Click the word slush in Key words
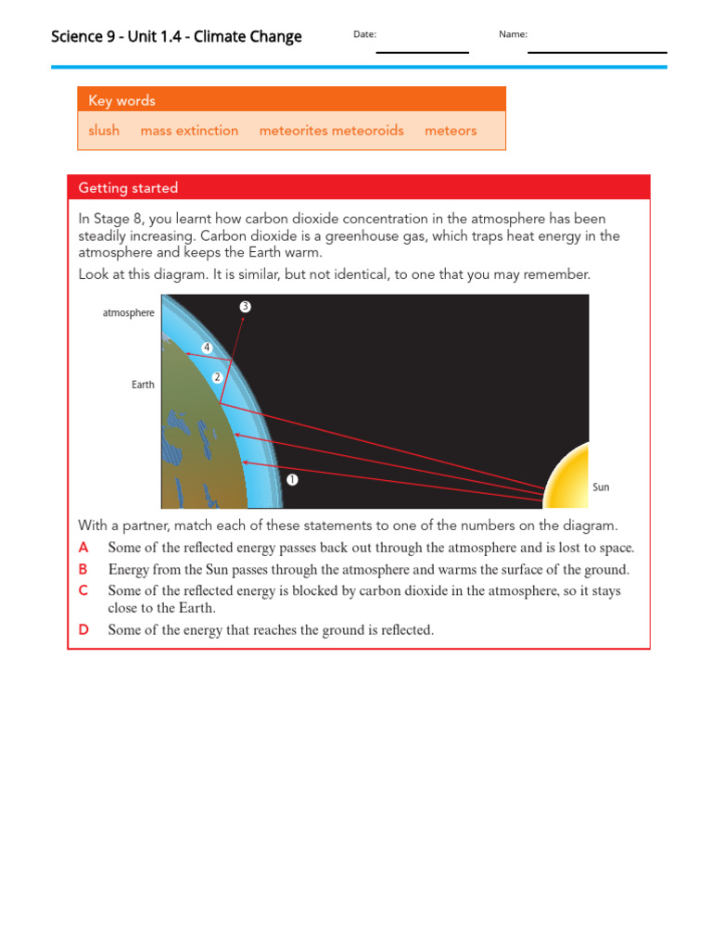pyautogui.click(x=104, y=131)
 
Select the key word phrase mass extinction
pyautogui.click(x=189, y=131)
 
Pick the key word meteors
pyautogui.click(x=451, y=131)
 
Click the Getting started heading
pyautogui.click(x=128, y=188)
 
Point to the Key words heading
pyautogui.click(x=121, y=101)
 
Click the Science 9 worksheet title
pyautogui.click(x=176, y=37)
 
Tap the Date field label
pyautogui.click(x=364, y=34)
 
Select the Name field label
pyautogui.click(x=513, y=34)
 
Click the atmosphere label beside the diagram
pyautogui.click(x=128, y=313)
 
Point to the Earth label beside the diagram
pyautogui.click(x=143, y=385)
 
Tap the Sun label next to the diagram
pyautogui.click(x=601, y=487)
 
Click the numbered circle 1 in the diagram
pyautogui.click(x=292, y=479)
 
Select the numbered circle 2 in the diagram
pyautogui.click(x=217, y=377)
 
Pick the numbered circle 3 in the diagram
pyautogui.click(x=245, y=306)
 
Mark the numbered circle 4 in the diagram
pyautogui.click(x=207, y=348)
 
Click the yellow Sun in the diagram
pyautogui.click(x=567, y=477)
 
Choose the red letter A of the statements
pyautogui.click(x=83, y=548)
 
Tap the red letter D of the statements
pyautogui.click(x=83, y=630)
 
